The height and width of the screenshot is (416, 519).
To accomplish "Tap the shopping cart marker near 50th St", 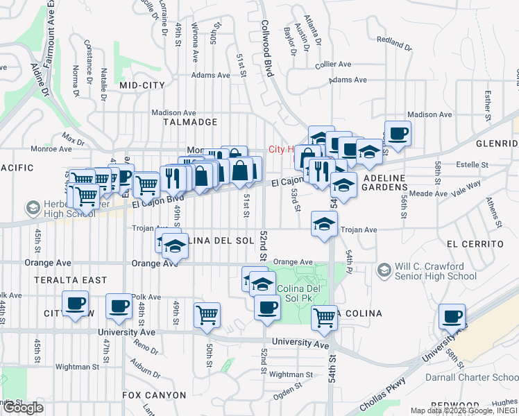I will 207,315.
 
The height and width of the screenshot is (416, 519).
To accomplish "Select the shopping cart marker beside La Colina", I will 324,318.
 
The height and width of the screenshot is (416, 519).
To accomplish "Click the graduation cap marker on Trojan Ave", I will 324,223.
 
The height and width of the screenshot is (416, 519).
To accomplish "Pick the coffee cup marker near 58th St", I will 452,317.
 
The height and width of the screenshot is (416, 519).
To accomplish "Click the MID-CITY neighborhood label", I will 142,85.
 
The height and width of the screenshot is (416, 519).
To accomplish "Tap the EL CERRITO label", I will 475,244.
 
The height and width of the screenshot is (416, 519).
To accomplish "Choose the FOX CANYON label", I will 154,395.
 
